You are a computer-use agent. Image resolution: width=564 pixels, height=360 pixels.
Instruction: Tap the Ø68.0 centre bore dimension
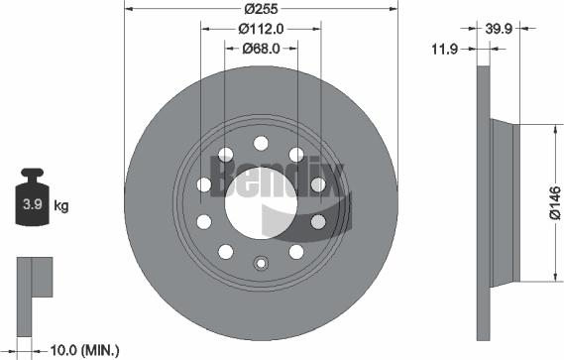click(262, 48)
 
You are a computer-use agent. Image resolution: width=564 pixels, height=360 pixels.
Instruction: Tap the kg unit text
click(60, 206)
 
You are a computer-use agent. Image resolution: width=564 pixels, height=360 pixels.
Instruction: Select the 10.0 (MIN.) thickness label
click(86, 349)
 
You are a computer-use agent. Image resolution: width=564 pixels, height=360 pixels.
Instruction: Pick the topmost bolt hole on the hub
click(262, 141)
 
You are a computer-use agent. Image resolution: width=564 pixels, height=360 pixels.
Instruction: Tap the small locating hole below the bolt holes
click(262, 264)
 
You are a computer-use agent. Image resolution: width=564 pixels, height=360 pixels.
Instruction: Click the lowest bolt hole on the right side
click(296, 251)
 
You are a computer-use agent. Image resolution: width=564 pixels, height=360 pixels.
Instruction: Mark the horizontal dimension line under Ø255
click(262, 16)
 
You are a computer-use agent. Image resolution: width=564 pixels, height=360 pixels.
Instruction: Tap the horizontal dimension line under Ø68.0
click(262, 57)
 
